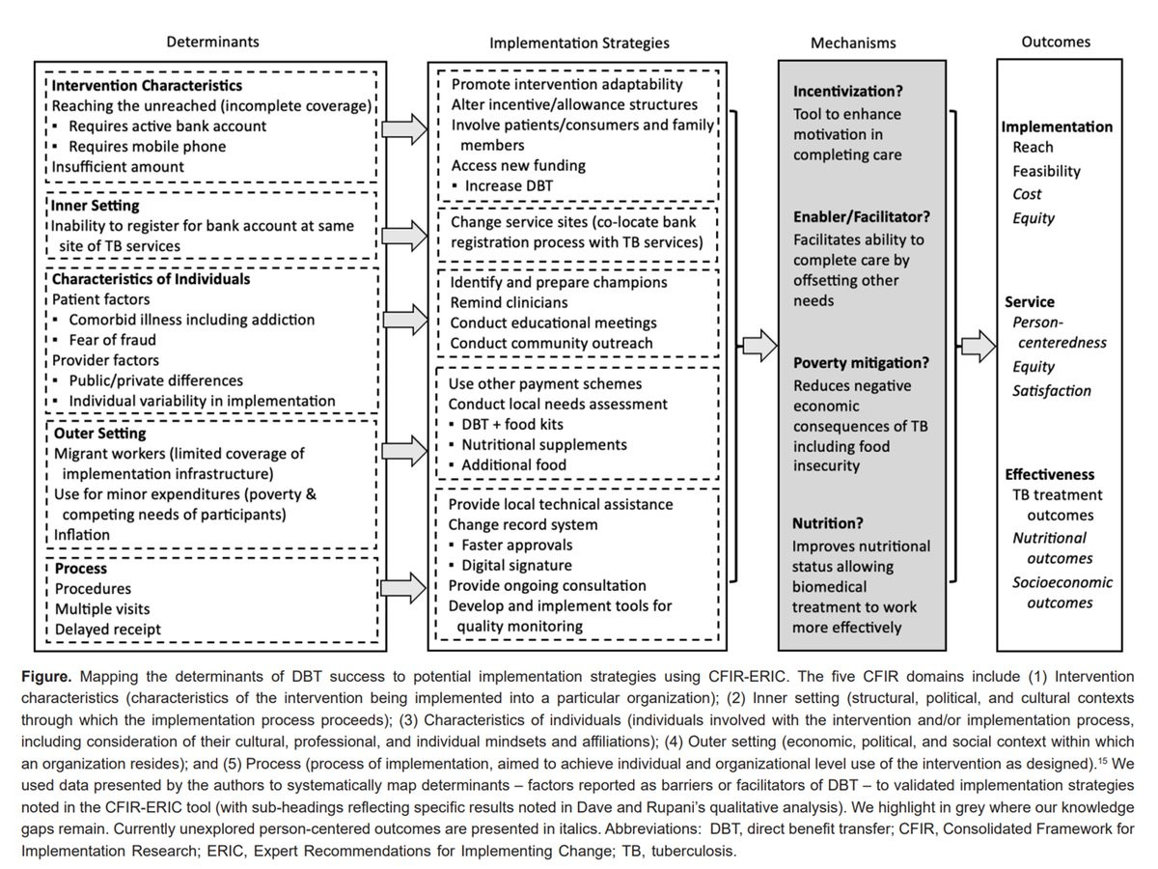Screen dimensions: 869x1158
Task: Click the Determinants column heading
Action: pyautogui.click(x=212, y=42)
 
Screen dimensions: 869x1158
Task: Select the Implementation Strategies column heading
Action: pyautogui.click(x=579, y=43)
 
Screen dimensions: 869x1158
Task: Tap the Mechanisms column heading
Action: pyautogui.click(x=853, y=43)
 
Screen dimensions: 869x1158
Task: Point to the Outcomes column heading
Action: pyautogui.click(x=1057, y=42)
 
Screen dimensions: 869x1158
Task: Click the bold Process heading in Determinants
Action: pyautogui.click(x=80, y=569)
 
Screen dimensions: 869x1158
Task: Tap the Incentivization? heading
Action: pyautogui.click(x=848, y=92)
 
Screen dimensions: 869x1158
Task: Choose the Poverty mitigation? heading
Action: pyautogui.click(x=861, y=364)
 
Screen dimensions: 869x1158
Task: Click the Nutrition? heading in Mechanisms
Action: pyautogui.click(x=827, y=523)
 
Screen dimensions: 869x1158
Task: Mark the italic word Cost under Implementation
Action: pyautogui.click(x=1028, y=194)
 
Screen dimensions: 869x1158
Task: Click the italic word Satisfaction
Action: pyautogui.click(x=1052, y=391)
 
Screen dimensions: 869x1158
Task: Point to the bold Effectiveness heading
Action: pyautogui.click(x=1050, y=474)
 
